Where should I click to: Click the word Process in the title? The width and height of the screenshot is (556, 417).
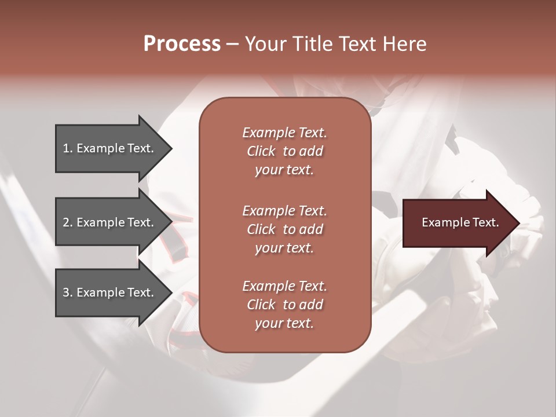[182, 44]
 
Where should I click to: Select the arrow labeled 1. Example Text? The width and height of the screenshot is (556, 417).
[110, 148]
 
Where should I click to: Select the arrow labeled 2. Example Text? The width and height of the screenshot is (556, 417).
[110, 222]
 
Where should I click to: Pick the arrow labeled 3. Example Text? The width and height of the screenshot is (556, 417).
[110, 292]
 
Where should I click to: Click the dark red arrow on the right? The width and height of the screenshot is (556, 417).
[458, 223]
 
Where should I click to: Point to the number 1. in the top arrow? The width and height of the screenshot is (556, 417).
[67, 148]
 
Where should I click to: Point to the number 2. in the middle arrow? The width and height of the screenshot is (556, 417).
[67, 222]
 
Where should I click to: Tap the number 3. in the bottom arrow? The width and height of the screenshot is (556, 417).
[67, 292]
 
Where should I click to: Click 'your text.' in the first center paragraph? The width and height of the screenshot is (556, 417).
[284, 170]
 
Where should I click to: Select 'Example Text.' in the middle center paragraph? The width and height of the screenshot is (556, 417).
[284, 211]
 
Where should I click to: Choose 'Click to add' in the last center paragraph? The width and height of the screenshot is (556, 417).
[284, 305]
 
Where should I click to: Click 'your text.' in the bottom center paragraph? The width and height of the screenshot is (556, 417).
[284, 324]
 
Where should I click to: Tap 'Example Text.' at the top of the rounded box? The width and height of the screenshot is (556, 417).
[284, 133]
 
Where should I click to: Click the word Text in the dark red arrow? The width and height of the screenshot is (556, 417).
[485, 222]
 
